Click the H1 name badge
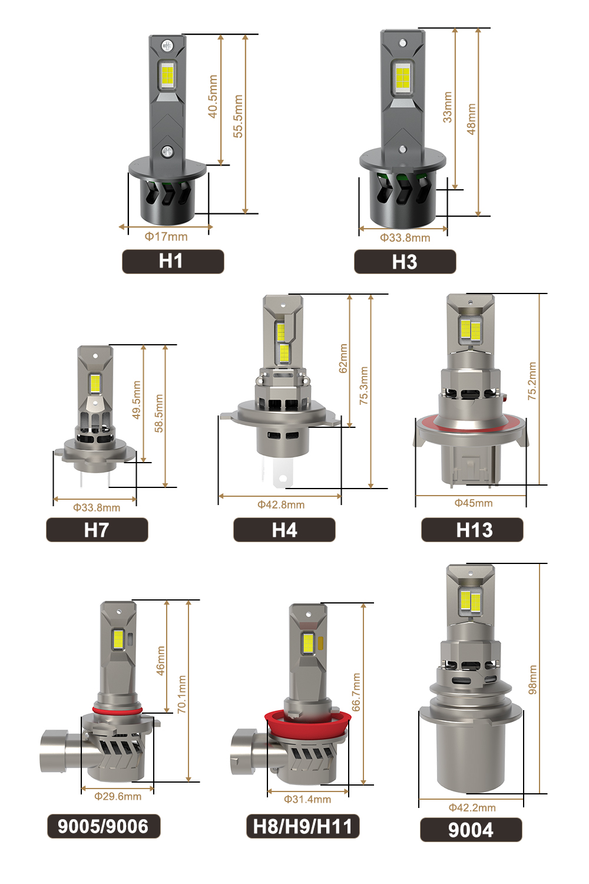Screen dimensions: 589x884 tap(173, 261)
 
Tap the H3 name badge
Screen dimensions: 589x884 tap(405, 262)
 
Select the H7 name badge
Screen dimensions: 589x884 tap(97, 530)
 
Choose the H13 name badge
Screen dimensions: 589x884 tap(472, 530)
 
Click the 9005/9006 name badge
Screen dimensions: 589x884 tap(104, 826)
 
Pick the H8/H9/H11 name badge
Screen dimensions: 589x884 tap(303, 826)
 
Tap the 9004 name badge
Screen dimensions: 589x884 tap(471, 830)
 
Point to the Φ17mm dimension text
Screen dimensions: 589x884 tap(166, 236)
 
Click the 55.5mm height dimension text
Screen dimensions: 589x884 tap(238, 116)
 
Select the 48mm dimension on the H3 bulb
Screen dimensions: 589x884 tap(471, 119)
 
